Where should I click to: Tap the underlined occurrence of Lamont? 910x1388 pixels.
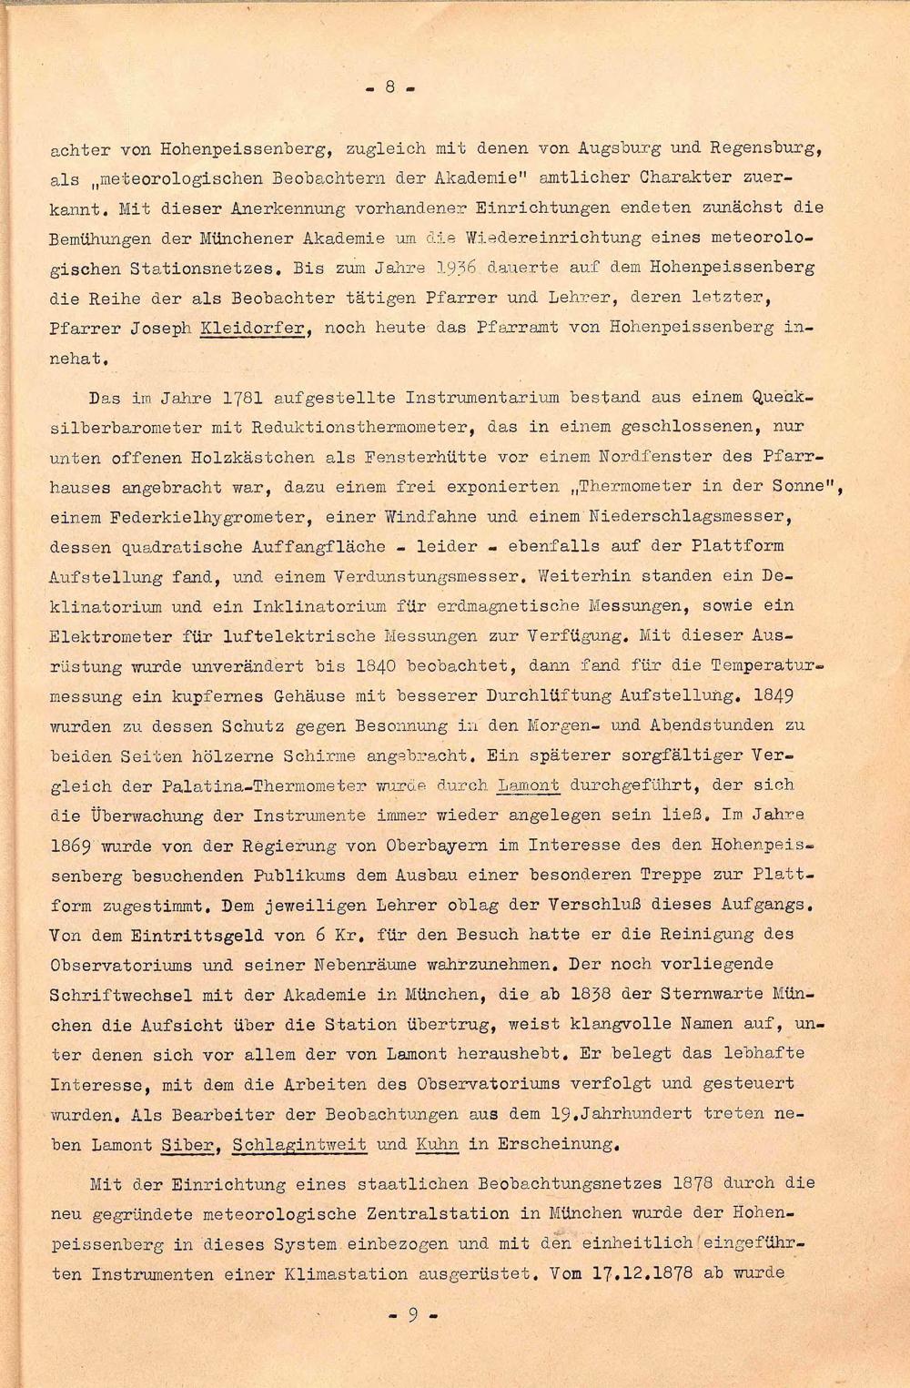point(529,785)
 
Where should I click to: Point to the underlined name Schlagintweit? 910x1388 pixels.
point(299,1144)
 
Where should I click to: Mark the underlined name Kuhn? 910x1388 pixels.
point(436,1144)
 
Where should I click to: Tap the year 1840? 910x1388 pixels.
point(370,665)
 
